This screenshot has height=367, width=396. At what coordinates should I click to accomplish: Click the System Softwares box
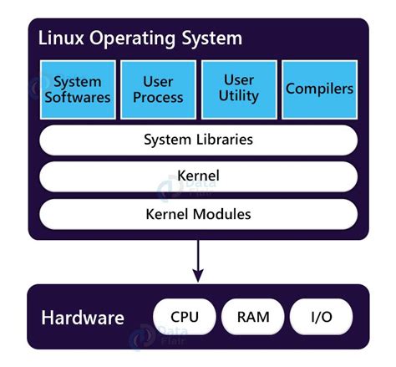pos(82,89)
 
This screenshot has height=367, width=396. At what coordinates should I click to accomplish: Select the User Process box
pos(159,89)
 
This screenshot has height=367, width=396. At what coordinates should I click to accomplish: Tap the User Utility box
pos(239,89)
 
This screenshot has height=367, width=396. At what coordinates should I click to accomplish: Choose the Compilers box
pos(319,89)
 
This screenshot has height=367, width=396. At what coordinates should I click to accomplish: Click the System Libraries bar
pos(198,140)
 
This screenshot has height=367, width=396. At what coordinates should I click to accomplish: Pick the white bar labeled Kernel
pos(198,176)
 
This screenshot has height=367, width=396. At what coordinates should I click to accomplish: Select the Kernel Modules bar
pos(198,214)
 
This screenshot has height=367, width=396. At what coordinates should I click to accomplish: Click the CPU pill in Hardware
pos(184,317)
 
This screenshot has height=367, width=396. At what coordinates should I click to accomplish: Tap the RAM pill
pos(252,317)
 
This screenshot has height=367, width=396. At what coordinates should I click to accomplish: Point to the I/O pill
pos(321,317)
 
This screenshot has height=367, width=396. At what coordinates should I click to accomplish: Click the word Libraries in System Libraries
pos(222,140)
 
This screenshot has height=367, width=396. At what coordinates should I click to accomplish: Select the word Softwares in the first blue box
pos(82,97)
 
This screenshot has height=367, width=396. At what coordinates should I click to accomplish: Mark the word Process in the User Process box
pos(159,97)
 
